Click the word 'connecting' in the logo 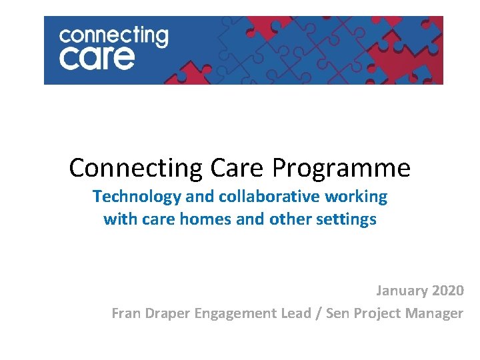coord(113,35)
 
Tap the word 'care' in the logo coord(97,58)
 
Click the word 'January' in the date coord(401,291)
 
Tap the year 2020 coord(447,291)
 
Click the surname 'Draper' coord(167,313)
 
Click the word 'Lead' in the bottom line coord(299,313)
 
